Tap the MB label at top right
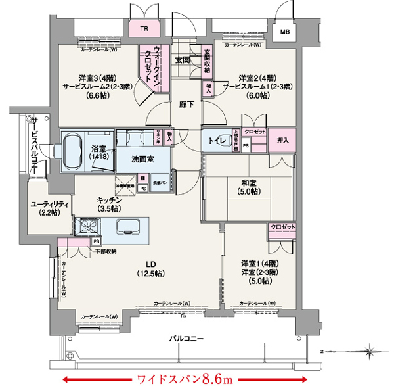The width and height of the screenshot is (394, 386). tap(286, 31)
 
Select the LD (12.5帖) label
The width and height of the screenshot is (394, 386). tap(154, 268)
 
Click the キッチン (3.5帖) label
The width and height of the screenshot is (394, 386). tap(106, 203)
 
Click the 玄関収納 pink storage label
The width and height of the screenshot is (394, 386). tap(207, 61)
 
